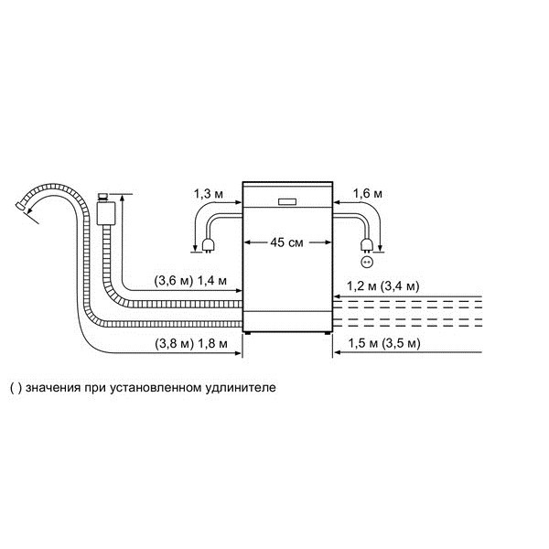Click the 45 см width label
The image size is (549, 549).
point(286,242)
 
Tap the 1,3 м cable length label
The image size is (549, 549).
point(209,194)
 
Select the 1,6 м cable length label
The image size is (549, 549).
point(368,193)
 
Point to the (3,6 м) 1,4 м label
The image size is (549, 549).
point(191,281)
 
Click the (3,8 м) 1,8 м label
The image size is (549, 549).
point(191,343)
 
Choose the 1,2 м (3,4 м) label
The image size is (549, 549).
point(383,286)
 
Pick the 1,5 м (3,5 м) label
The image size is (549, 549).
point(384,343)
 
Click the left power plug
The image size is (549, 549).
point(208,245)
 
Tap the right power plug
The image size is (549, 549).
point(367,245)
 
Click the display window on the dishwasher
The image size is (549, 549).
point(287,202)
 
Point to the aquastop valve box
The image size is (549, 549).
point(106,213)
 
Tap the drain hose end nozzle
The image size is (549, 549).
point(19,206)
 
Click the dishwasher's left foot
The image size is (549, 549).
point(248,333)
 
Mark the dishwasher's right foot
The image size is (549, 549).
point(328,333)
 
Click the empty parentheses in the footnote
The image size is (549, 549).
point(16,388)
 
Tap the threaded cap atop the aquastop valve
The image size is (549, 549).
point(102,197)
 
